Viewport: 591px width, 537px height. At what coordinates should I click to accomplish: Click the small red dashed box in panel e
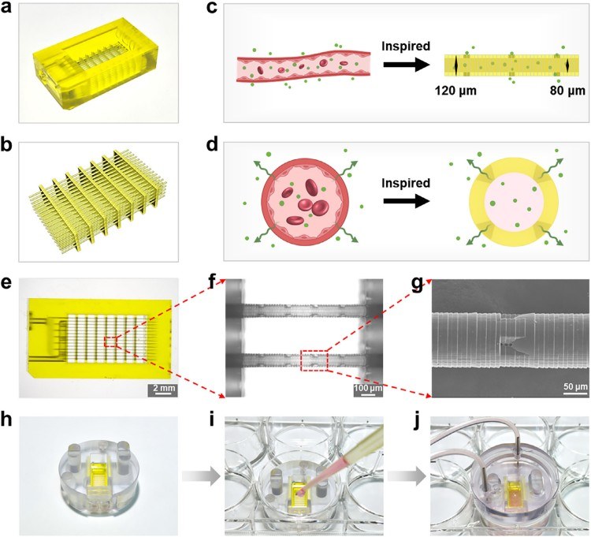pos(111,341)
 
